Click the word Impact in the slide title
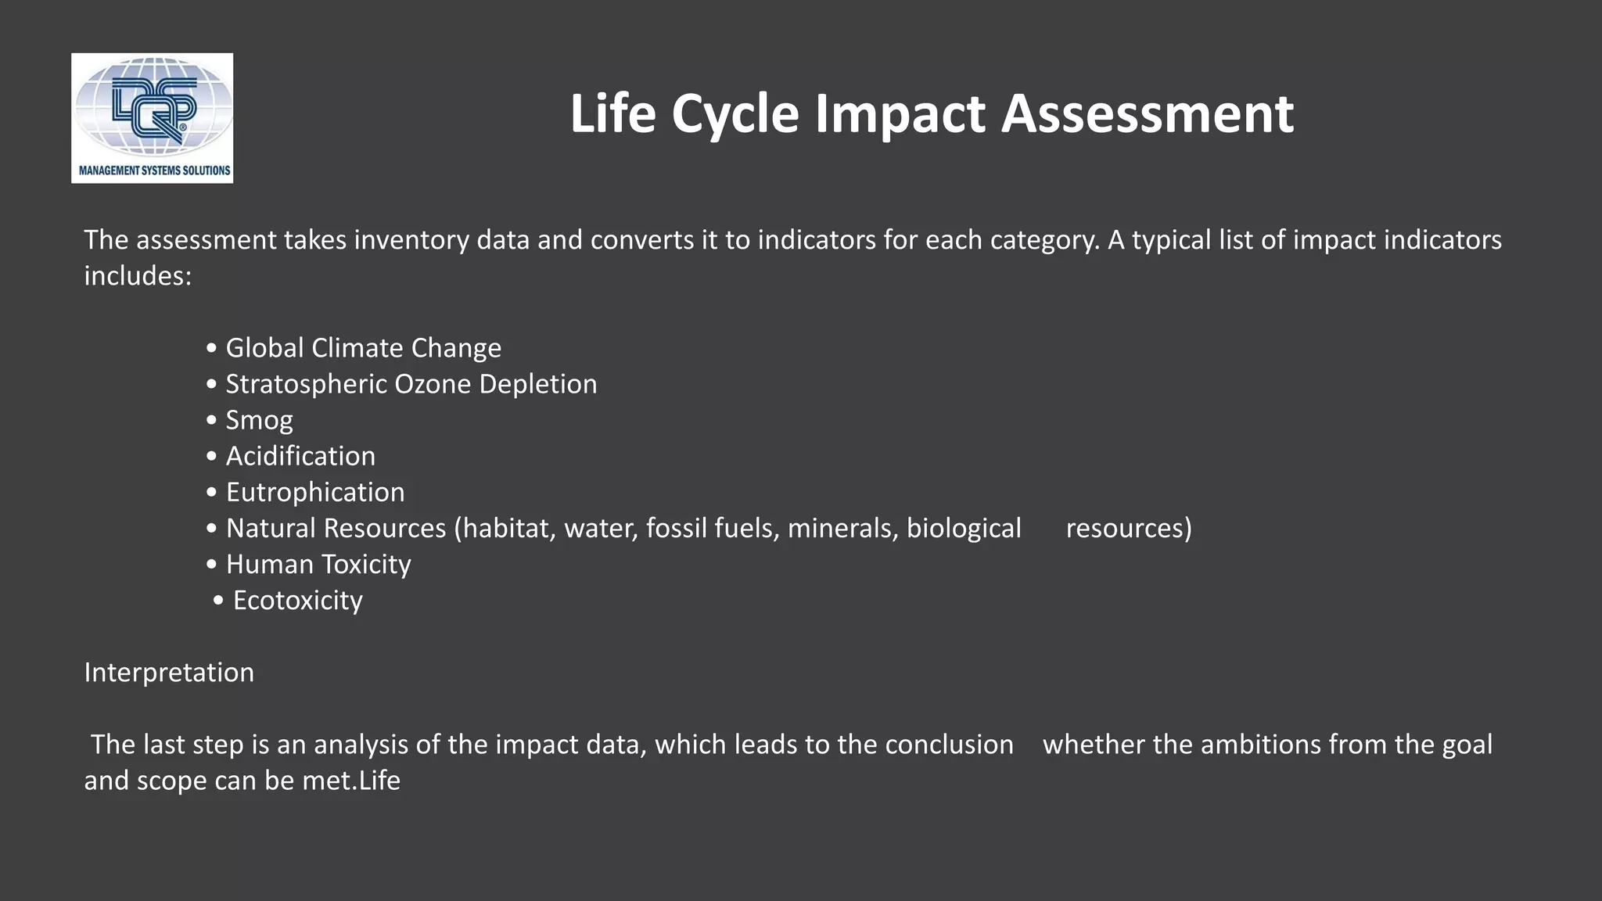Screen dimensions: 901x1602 point(900,114)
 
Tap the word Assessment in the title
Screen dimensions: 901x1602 point(1148,114)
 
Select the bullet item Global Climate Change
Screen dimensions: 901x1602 point(363,348)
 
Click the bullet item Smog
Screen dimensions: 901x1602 point(259,421)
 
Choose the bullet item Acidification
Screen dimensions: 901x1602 point(300,456)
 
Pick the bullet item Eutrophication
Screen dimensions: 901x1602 point(315,492)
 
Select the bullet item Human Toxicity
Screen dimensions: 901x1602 point(318,564)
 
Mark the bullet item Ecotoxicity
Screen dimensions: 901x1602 point(297,601)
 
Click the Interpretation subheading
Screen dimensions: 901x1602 point(169,673)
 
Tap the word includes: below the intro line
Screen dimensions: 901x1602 point(138,276)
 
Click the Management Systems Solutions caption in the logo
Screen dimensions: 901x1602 point(154,171)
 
